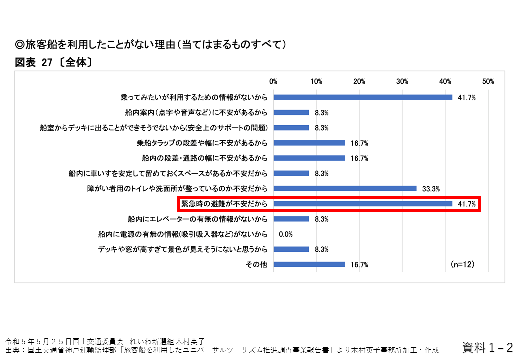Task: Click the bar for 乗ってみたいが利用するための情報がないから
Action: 363,97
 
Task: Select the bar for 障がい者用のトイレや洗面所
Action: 345,189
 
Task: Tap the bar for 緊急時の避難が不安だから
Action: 363,204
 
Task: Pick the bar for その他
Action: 309,265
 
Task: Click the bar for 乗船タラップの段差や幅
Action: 309,143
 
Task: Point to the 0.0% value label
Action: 285,234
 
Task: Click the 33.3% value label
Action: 431,189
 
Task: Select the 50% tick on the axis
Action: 488,81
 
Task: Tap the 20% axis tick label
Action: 359,81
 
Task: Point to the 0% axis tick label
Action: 273,81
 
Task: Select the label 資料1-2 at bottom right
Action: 488,347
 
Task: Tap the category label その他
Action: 257,265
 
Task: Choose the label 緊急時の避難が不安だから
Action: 224,204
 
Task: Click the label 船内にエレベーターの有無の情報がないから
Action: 198,219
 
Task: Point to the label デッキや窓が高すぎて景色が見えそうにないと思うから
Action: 183,249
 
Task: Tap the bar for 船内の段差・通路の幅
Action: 309,158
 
